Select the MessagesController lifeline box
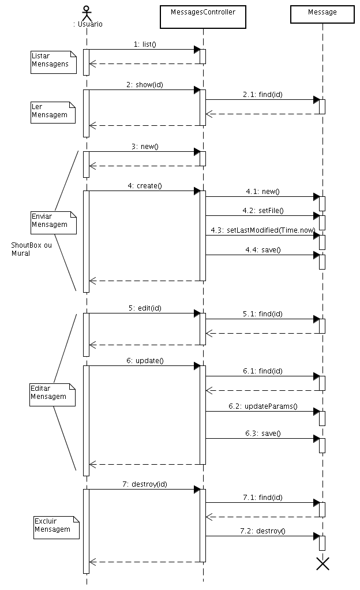click(203, 17)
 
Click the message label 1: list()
click(145, 44)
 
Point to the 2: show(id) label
click(145, 84)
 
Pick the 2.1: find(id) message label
click(262, 94)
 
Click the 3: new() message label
click(145, 147)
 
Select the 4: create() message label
click(145, 185)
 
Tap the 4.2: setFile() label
click(262, 210)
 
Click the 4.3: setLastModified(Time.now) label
click(262, 230)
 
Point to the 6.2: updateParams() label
click(262, 406)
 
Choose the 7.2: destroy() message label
click(262, 531)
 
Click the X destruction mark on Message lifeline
click(323, 563)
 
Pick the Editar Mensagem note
click(52, 394)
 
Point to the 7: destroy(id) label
click(145, 484)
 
